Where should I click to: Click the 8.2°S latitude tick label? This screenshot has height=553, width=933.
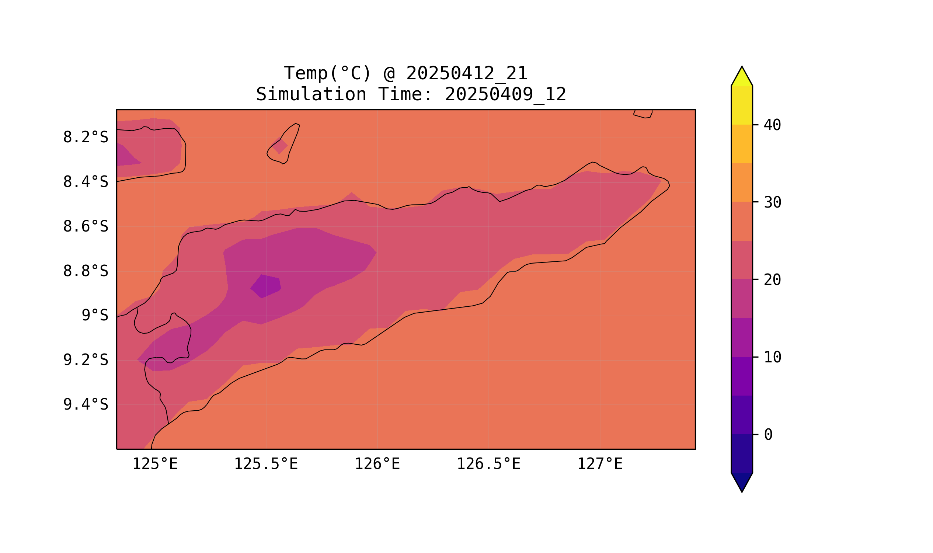[x=85, y=138]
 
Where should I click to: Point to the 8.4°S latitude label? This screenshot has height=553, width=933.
[x=85, y=182]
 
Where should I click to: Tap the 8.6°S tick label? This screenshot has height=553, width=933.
[x=85, y=227]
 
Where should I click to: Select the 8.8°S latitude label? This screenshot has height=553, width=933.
[x=85, y=271]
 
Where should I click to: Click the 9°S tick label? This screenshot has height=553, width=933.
[x=95, y=316]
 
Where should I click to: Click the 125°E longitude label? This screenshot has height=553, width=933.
[x=155, y=464]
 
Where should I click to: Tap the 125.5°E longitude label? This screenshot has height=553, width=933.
[x=266, y=464]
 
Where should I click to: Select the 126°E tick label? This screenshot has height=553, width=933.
[x=377, y=464]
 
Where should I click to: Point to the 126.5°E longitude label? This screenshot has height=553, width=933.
[x=488, y=464]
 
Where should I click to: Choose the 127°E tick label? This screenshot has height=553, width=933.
[x=599, y=464]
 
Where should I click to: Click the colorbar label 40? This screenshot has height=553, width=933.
[x=772, y=125]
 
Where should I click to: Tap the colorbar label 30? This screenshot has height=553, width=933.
[x=772, y=203]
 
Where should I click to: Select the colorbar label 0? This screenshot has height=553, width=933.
[x=768, y=435]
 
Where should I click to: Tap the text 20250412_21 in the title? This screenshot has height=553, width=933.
[x=467, y=73]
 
